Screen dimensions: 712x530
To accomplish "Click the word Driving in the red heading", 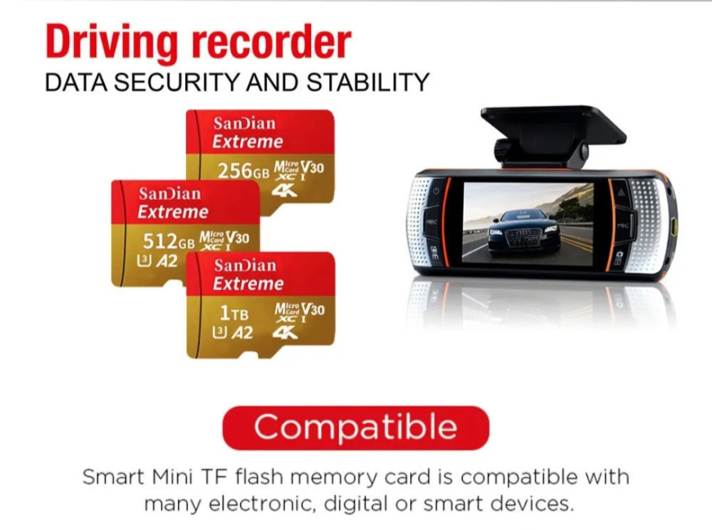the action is tap(112, 42).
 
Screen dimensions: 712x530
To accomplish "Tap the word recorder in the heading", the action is tap(271, 41).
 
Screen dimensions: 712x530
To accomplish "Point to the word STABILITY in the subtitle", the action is tap(367, 82).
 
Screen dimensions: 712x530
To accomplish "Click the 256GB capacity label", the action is tap(244, 171).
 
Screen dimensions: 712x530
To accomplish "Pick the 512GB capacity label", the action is tap(169, 241).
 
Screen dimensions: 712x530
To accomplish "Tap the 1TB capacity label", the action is tap(234, 312).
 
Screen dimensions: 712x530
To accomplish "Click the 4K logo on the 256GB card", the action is tap(284, 190).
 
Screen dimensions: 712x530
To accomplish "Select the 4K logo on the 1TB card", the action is tap(286, 333).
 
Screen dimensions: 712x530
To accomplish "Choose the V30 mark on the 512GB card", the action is tap(237, 238).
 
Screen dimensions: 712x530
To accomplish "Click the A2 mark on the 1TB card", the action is tap(242, 333).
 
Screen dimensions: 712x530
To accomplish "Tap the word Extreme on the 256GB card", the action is tap(248, 142).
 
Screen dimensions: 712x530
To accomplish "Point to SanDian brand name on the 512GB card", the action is tap(170, 194).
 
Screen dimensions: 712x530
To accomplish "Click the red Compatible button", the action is tap(355, 428).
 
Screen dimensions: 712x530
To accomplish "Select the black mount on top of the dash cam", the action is tap(553, 134).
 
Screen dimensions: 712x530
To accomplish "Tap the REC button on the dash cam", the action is tap(431, 223).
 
